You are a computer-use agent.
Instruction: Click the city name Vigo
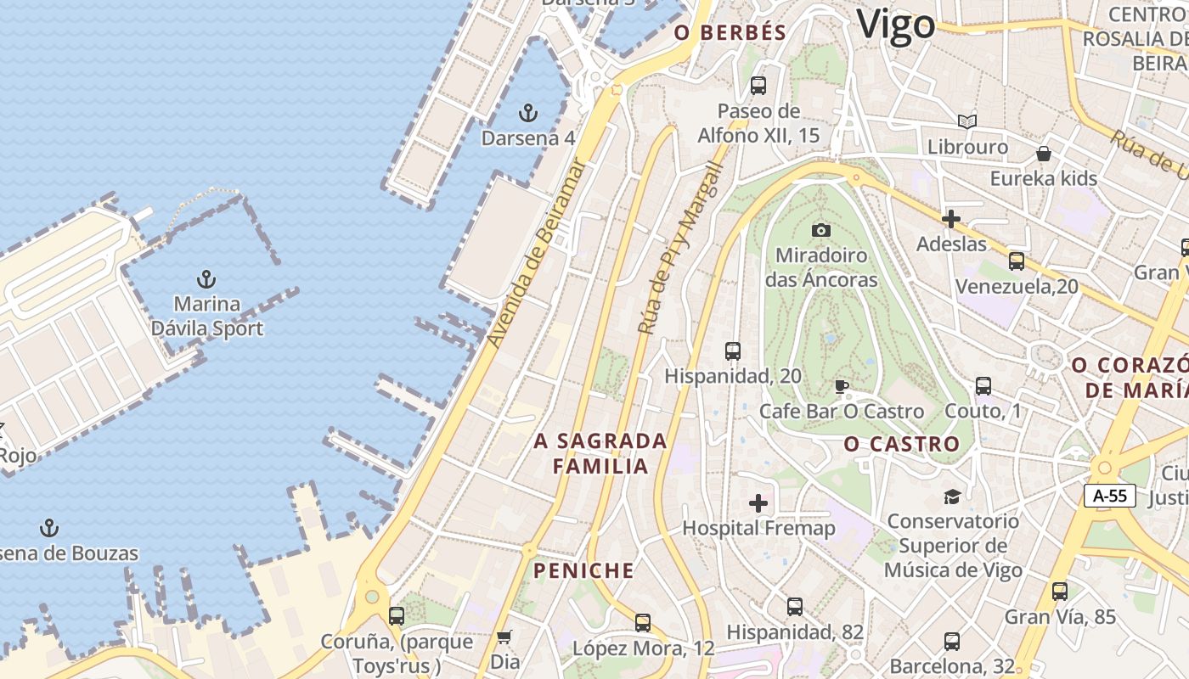tap(895, 25)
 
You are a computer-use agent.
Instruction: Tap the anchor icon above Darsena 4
tap(528, 112)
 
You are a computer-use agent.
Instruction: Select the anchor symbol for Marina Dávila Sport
tap(206, 278)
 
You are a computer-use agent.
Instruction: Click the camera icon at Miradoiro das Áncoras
tap(820, 230)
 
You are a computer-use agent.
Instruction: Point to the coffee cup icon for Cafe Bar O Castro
tap(841, 387)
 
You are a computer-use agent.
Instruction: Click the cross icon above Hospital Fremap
tap(758, 503)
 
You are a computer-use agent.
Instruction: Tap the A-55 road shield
tap(1109, 496)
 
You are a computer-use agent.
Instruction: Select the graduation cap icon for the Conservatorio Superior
tap(952, 497)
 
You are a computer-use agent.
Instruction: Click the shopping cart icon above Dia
tap(504, 637)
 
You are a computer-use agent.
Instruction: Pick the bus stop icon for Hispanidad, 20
tap(732, 351)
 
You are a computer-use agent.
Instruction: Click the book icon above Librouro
tap(966, 121)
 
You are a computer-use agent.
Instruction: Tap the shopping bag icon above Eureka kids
tap(1043, 154)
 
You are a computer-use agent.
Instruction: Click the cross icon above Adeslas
tap(951, 219)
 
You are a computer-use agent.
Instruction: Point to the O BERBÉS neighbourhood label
tap(730, 33)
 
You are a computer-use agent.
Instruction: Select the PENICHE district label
tap(583, 570)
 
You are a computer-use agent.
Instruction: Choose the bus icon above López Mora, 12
tap(643, 623)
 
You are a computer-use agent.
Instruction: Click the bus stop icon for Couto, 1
tap(983, 386)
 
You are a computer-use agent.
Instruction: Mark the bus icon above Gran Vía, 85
tap(1059, 592)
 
